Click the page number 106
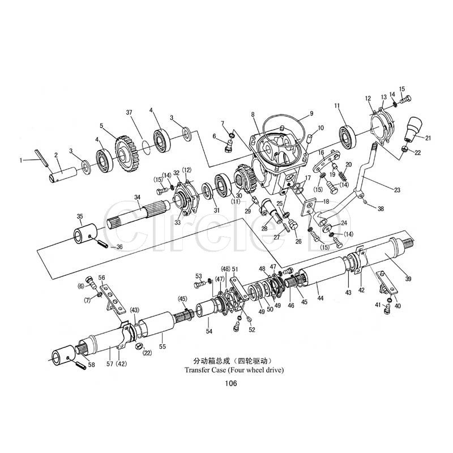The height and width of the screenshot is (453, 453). coord(230,383)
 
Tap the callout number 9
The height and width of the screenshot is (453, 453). coord(311,113)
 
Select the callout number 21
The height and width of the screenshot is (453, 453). coord(428,138)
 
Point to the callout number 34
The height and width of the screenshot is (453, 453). coord(137,197)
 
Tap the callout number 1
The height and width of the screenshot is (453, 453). coord(22,160)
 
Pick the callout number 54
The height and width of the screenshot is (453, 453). coord(209,331)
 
